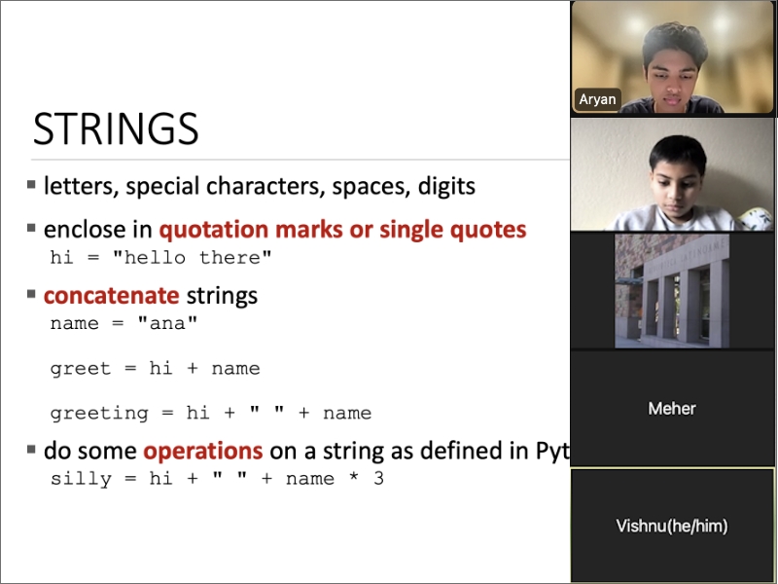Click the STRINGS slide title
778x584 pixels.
(x=116, y=128)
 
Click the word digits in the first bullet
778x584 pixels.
(x=446, y=186)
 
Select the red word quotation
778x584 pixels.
(x=214, y=230)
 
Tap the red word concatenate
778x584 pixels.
(x=111, y=296)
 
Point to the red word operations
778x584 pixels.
(x=203, y=452)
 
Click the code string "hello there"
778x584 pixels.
(x=192, y=257)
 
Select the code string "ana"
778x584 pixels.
(x=167, y=323)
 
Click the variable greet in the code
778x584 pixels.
(x=81, y=369)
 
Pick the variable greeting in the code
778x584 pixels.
(x=99, y=414)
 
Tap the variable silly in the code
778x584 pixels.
(x=81, y=479)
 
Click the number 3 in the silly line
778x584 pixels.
(x=378, y=478)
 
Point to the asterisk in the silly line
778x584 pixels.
(x=353, y=477)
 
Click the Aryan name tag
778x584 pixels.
(x=597, y=99)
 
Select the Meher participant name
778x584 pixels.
(x=672, y=408)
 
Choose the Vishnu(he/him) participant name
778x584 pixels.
(x=672, y=526)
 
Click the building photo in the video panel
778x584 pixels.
(x=672, y=291)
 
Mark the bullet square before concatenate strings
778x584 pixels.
(x=31, y=294)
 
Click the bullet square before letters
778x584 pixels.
(x=31, y=185)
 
